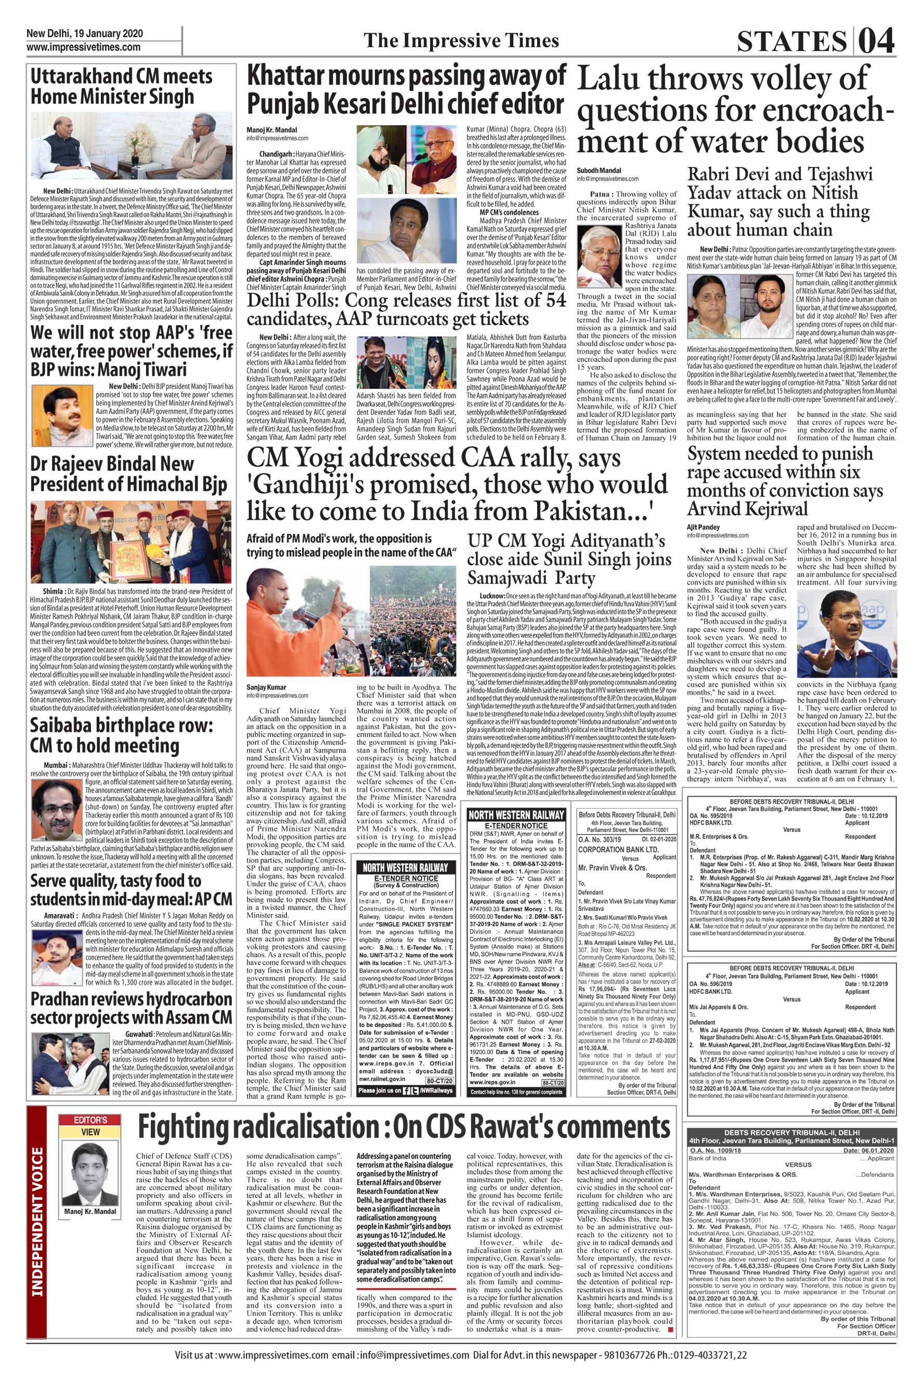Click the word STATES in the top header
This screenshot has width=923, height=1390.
790,42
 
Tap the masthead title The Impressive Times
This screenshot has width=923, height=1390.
461,40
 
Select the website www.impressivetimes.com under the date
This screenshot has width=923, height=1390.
83,48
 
